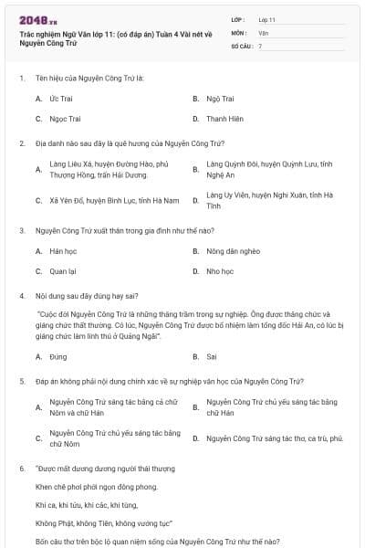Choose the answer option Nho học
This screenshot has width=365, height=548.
pos(220,271)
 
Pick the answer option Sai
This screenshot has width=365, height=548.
pos(212,356)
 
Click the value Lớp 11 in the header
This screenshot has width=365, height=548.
pos(267,18)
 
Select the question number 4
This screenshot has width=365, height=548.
pos(21,296)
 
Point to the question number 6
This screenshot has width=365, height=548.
pos(21,468)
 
